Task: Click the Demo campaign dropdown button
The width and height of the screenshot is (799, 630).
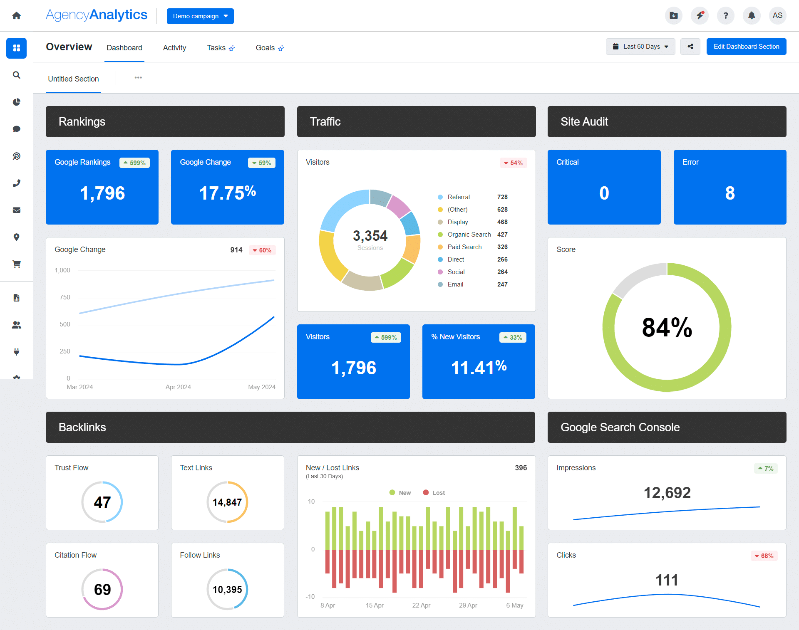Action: click(x=200, y=16)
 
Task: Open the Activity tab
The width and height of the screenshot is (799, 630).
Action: click(x=174, y=48)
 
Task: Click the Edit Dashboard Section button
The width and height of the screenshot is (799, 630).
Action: click(x=746, y=47)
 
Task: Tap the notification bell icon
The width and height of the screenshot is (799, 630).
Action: click(x=752, y=16)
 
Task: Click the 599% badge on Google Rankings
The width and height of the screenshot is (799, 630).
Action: click(x=134, y=163)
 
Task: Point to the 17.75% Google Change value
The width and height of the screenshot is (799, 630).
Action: click(x=227, y=193)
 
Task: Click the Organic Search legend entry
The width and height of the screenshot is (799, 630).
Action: click(x=469, y=235)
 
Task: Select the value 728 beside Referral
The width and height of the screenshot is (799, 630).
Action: click(x=502, y=197)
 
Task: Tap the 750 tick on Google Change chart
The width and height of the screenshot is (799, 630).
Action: click(x=65, y=297)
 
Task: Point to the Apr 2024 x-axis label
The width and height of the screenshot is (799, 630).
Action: click(x=178, y=387)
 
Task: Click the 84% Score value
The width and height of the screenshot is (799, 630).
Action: click(x=667, y=327)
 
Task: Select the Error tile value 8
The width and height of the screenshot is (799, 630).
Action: click(x=730, y=193)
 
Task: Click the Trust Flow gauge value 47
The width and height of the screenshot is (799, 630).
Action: click(x=102, y=502)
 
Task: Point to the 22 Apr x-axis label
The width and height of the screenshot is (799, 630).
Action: click(x=421, y=605)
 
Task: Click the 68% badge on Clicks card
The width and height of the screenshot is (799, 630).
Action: click(x=764, y=556)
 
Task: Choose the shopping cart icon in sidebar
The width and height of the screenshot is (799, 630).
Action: click(x=17, y=264)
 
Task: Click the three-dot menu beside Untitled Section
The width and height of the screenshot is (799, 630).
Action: click(x=138, y=78)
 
